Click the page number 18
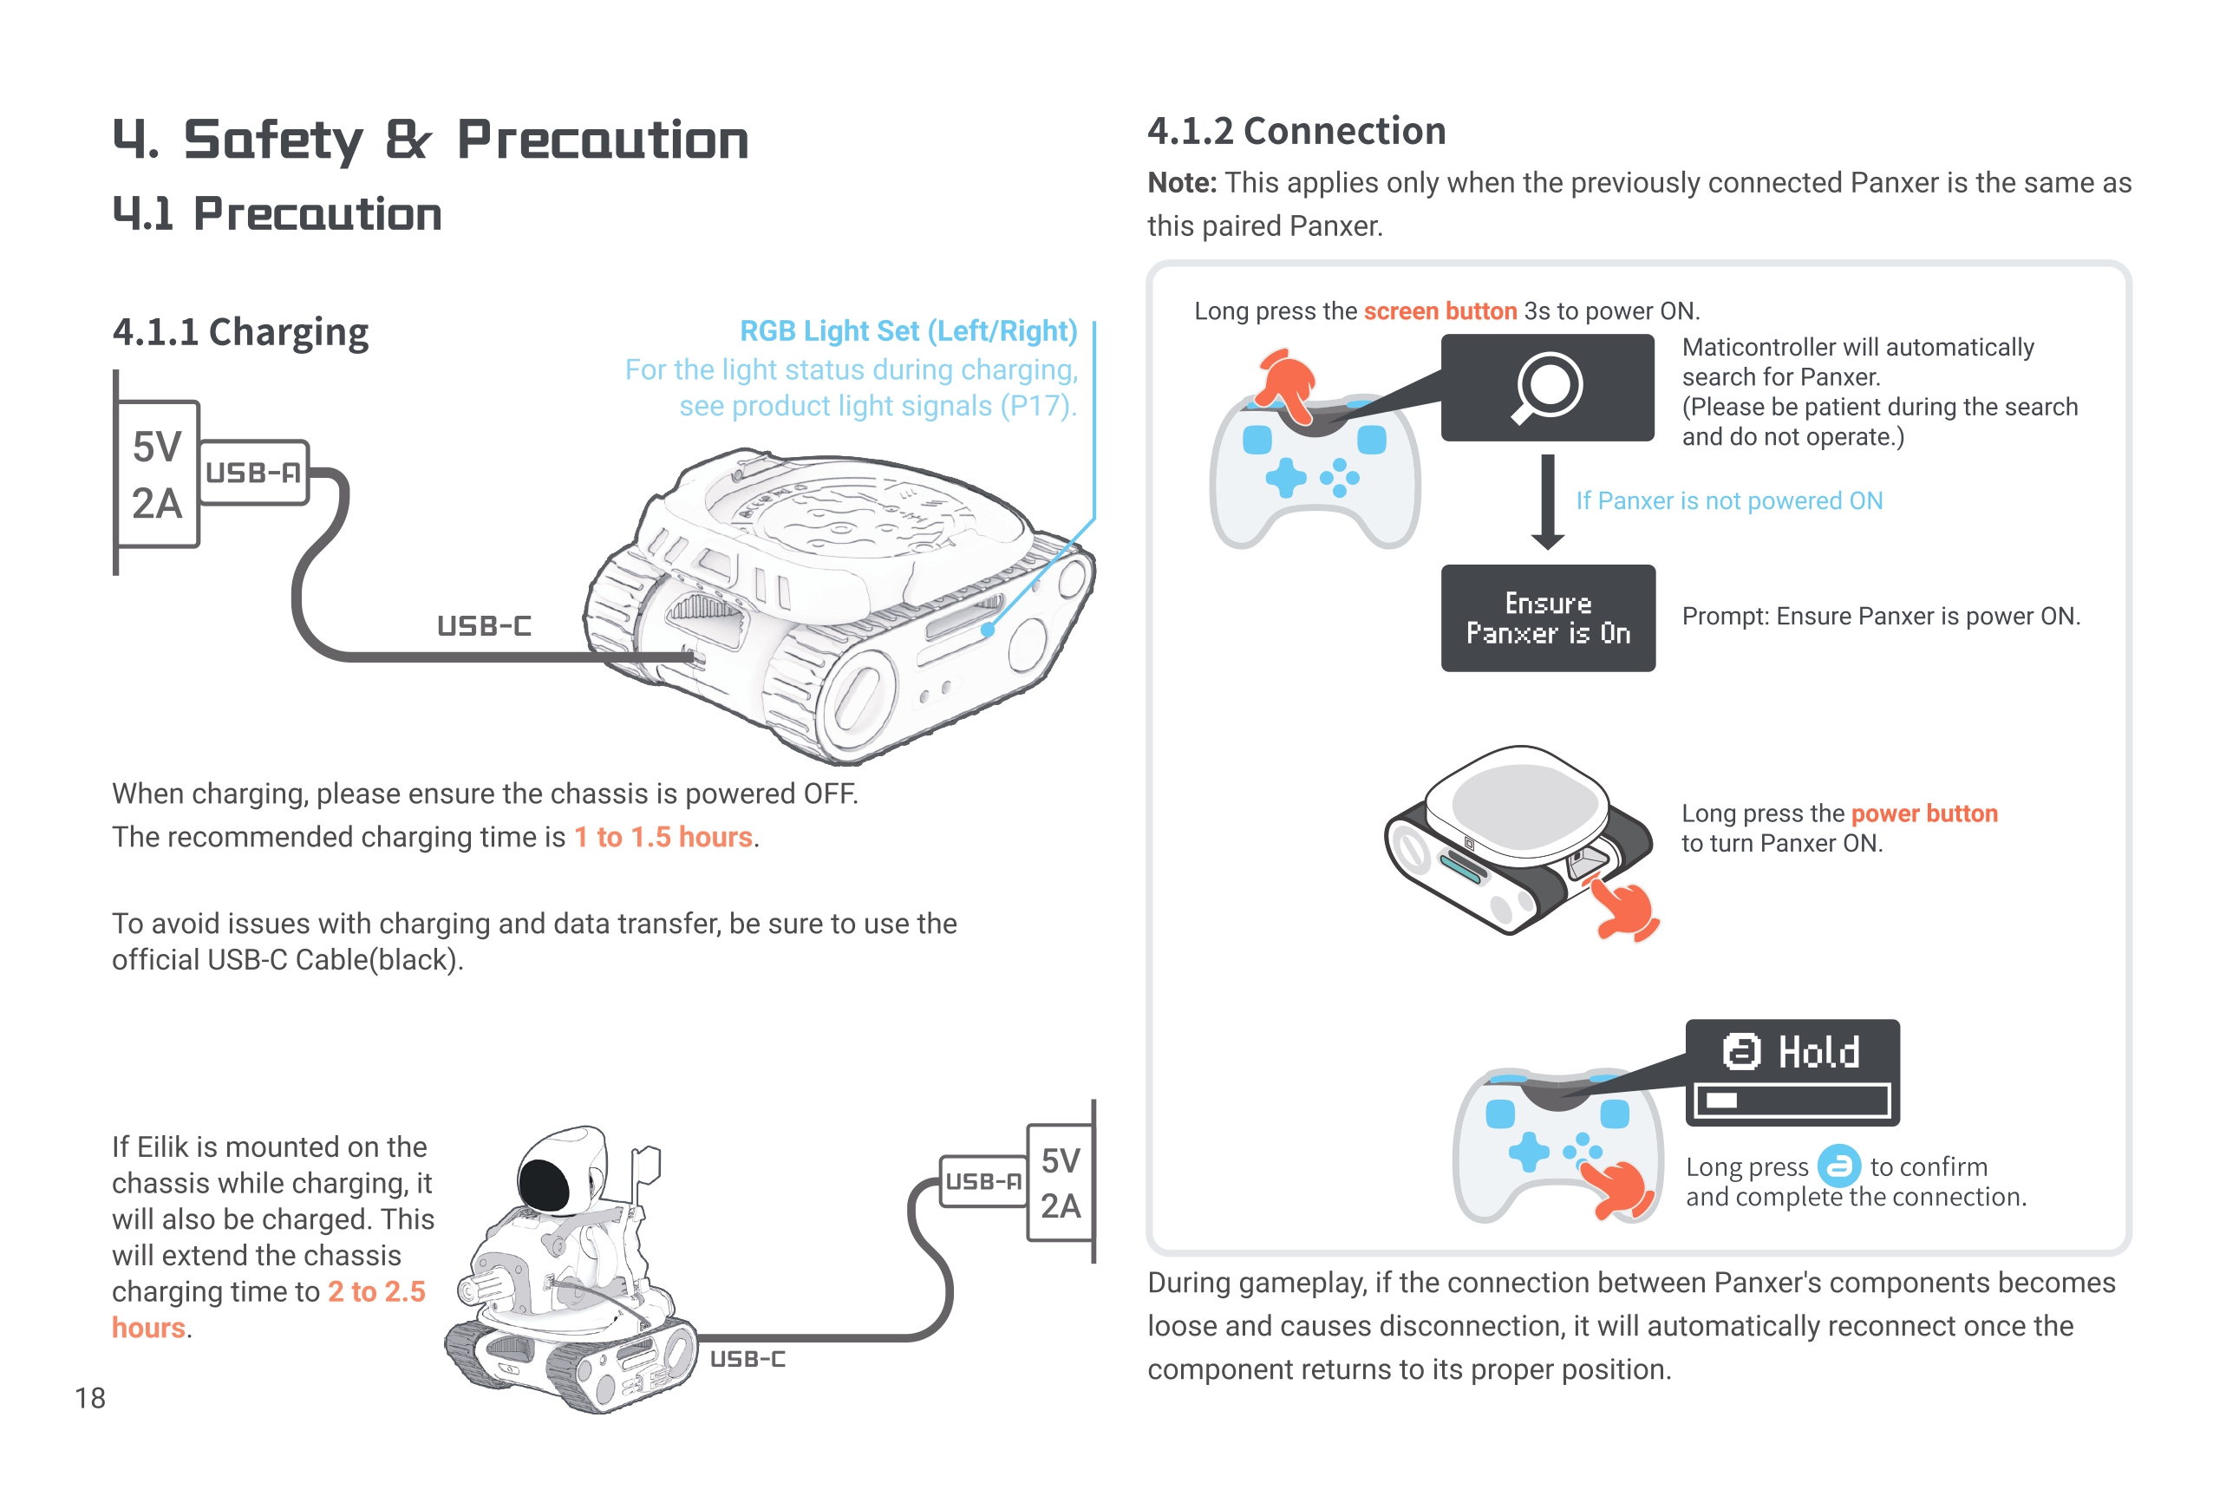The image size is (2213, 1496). pyautogui.click(x=90, y=1397)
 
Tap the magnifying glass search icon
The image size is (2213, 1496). pyautogui.click(x=1546, y=387)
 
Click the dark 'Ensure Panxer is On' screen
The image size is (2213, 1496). pyautogui.click(x=1547, y=618)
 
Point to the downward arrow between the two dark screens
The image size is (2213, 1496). pyautogui.click(x=1547, y=502)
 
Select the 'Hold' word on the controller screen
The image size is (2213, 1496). pyautogui.click(x=1818, y=1052)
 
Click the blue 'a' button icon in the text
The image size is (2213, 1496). pyautogui.click(x=1838, y=1166)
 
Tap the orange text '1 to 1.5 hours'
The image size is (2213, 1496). pyautogui.click(x=663, y=837)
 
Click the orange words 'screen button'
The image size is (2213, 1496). pyautogui.click(x=1439, y=311)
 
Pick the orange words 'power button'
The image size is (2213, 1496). pyautogui.click(x=1923, y=813)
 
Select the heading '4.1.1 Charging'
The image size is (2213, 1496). pyautogui.click(x=240, y=332)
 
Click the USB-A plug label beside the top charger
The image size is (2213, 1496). pyautogui.click(x=253, y=473)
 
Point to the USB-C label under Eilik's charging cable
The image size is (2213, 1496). pyautogui.click(x=747, y=1359)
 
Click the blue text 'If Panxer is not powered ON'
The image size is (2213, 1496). pyautogui.click(x=1728, y=501)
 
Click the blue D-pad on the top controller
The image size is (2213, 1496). pyautogui.click(x=1285, y=477)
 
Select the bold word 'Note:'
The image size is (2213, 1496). pyautogui.click(x=1182, y=183)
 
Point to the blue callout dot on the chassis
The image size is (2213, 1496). pyautogui.click(x=989, y=630)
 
